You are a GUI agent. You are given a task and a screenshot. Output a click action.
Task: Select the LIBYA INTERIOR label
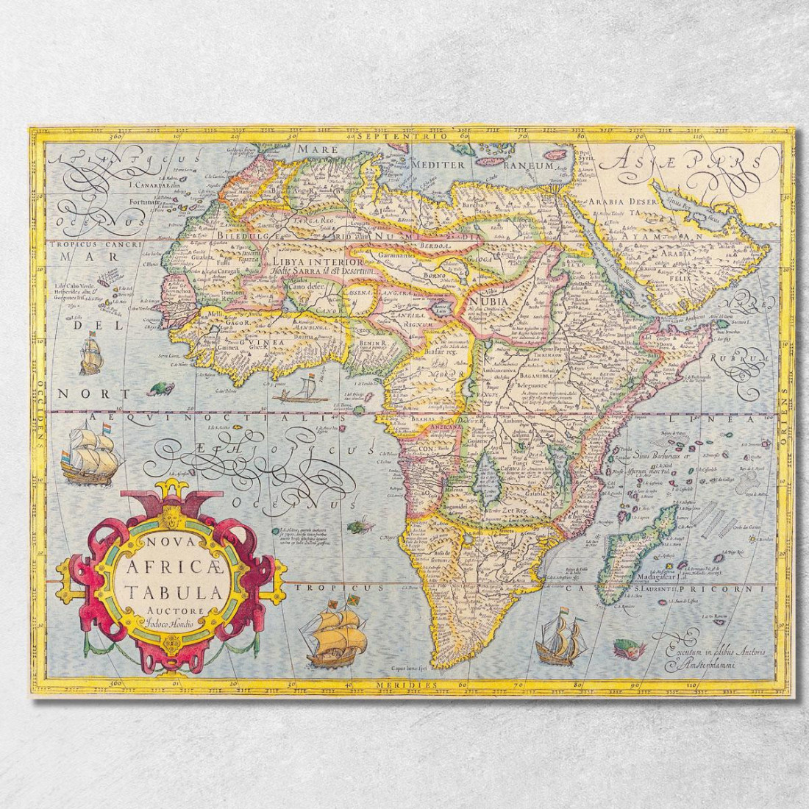tap(317, 261)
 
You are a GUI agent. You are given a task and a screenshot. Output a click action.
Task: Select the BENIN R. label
tap(373, 343)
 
